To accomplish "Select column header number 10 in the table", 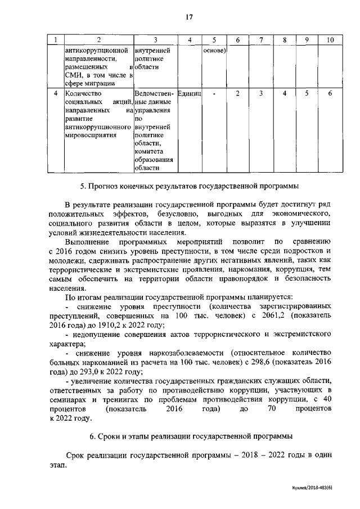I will pos(330,40).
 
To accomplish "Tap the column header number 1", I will pos(55,40).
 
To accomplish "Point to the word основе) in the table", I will pos(215,50).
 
